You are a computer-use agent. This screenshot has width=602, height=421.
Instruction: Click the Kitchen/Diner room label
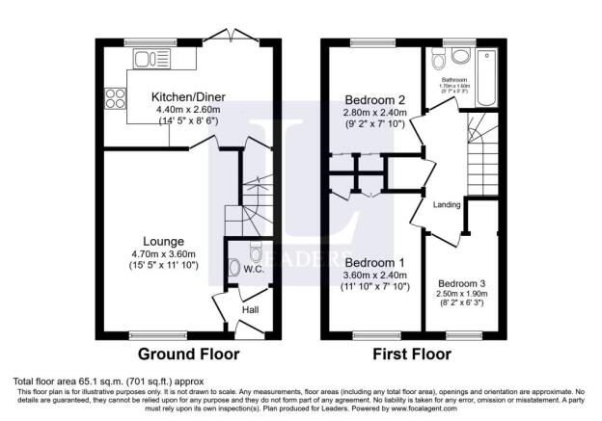(x=188, y=96)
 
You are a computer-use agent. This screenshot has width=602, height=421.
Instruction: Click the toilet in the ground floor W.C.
(x=256, y=253)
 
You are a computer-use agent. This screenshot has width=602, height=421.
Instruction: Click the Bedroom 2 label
(x=377, y=97)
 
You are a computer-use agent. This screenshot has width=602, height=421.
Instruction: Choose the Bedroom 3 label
(x=461, y=283)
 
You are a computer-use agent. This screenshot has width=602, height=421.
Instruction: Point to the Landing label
(x=448, y=204)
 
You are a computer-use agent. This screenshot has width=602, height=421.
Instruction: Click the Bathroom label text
(x=455, y=80)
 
